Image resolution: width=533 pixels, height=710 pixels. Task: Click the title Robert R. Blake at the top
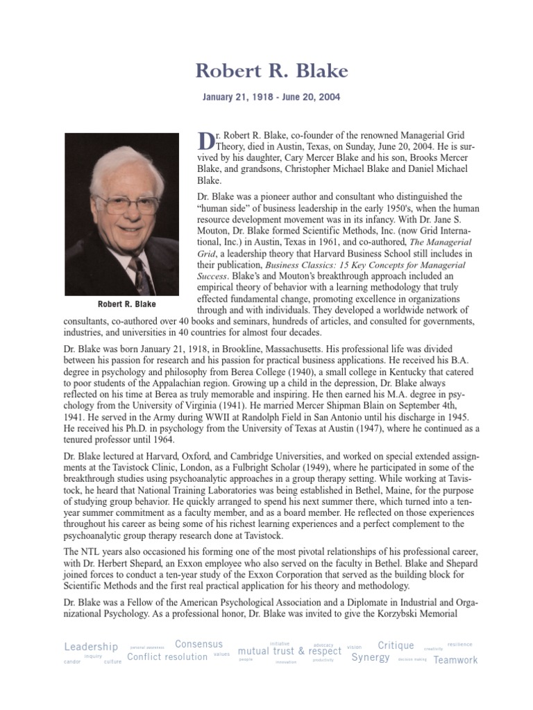pyautogui.click(x=271, y=71)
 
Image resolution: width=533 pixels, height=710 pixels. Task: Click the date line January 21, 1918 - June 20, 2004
pyautogui.click(x=271, y=98)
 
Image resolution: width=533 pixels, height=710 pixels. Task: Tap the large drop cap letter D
pyautogui.click(x=205, y=140)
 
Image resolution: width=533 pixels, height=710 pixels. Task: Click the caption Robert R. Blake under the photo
pyautogui.click(x=127, y=304)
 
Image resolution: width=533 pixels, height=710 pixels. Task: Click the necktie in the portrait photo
pyautogui.click(x=142, y=275)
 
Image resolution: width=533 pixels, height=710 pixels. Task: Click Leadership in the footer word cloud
pyautogui.click(x=91, y=647)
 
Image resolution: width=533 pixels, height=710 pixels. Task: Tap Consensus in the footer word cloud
pyautogui.click(x=199, y=644)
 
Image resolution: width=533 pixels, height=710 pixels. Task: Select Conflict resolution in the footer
pyautogui.click(x=167, y=657)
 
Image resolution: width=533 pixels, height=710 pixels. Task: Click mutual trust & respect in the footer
pyautogui.click(x=289, y=652)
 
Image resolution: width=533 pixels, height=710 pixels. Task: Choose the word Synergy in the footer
pyautogui.click(x=371, y=657)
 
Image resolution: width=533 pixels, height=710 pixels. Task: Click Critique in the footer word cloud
pyautogui.click(x=396, y=646)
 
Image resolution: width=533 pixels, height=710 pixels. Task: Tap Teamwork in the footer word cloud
pyautogui.click(x=456, y=660)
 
